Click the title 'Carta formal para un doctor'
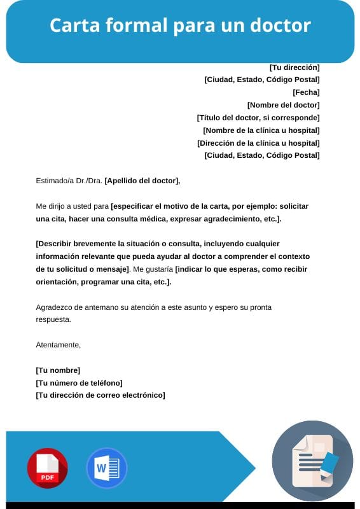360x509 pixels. (180, 25)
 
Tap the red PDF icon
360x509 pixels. (47, 468)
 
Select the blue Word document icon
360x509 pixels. (106, 468)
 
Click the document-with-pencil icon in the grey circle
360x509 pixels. (312, 461)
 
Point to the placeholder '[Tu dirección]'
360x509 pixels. (294, 67)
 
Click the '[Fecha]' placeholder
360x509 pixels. (306, 92)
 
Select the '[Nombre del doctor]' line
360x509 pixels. (283, 105)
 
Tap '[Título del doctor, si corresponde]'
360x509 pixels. (258, 118)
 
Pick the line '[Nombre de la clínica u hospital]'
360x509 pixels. (261, 130)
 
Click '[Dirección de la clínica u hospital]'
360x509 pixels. (258, 143)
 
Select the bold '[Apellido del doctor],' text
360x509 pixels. (142, 181)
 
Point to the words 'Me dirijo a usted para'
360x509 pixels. (73, 206)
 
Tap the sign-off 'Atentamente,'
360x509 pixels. (59, 345)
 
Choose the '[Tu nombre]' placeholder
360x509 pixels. (58, 370)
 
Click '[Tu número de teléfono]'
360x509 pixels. (79, 383)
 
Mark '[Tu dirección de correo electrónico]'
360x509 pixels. (100, 395)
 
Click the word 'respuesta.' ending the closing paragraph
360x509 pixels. (53, 319)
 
